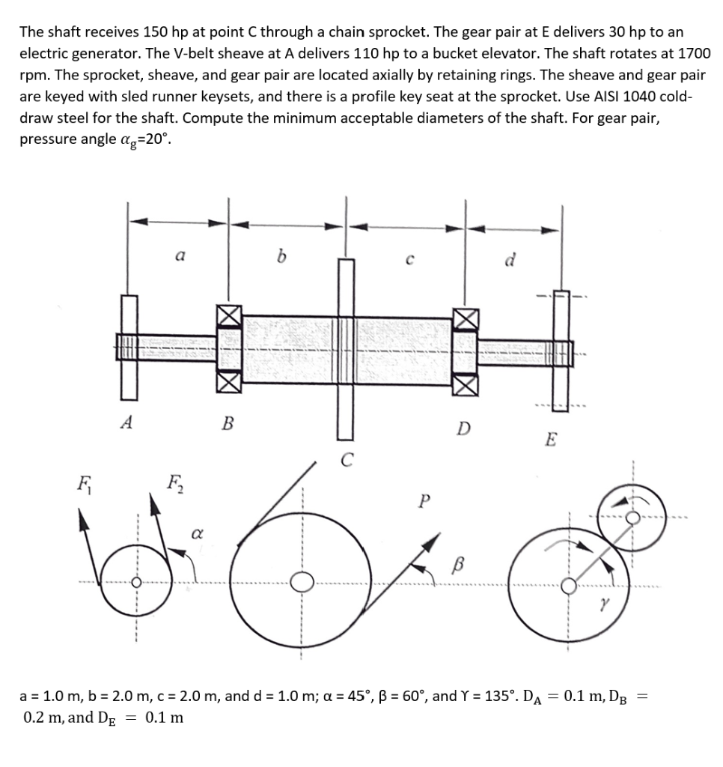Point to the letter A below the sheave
tap(126, 422)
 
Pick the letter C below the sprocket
tap(346, 460)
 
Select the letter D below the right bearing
tap(464, 429)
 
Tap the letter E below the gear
tap(550, 440)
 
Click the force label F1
tap(80, 477)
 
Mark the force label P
tap(425, 500)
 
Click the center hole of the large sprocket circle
tap(302, 583)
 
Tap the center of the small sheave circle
tap(136, 583)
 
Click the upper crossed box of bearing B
tap(228, 318)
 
